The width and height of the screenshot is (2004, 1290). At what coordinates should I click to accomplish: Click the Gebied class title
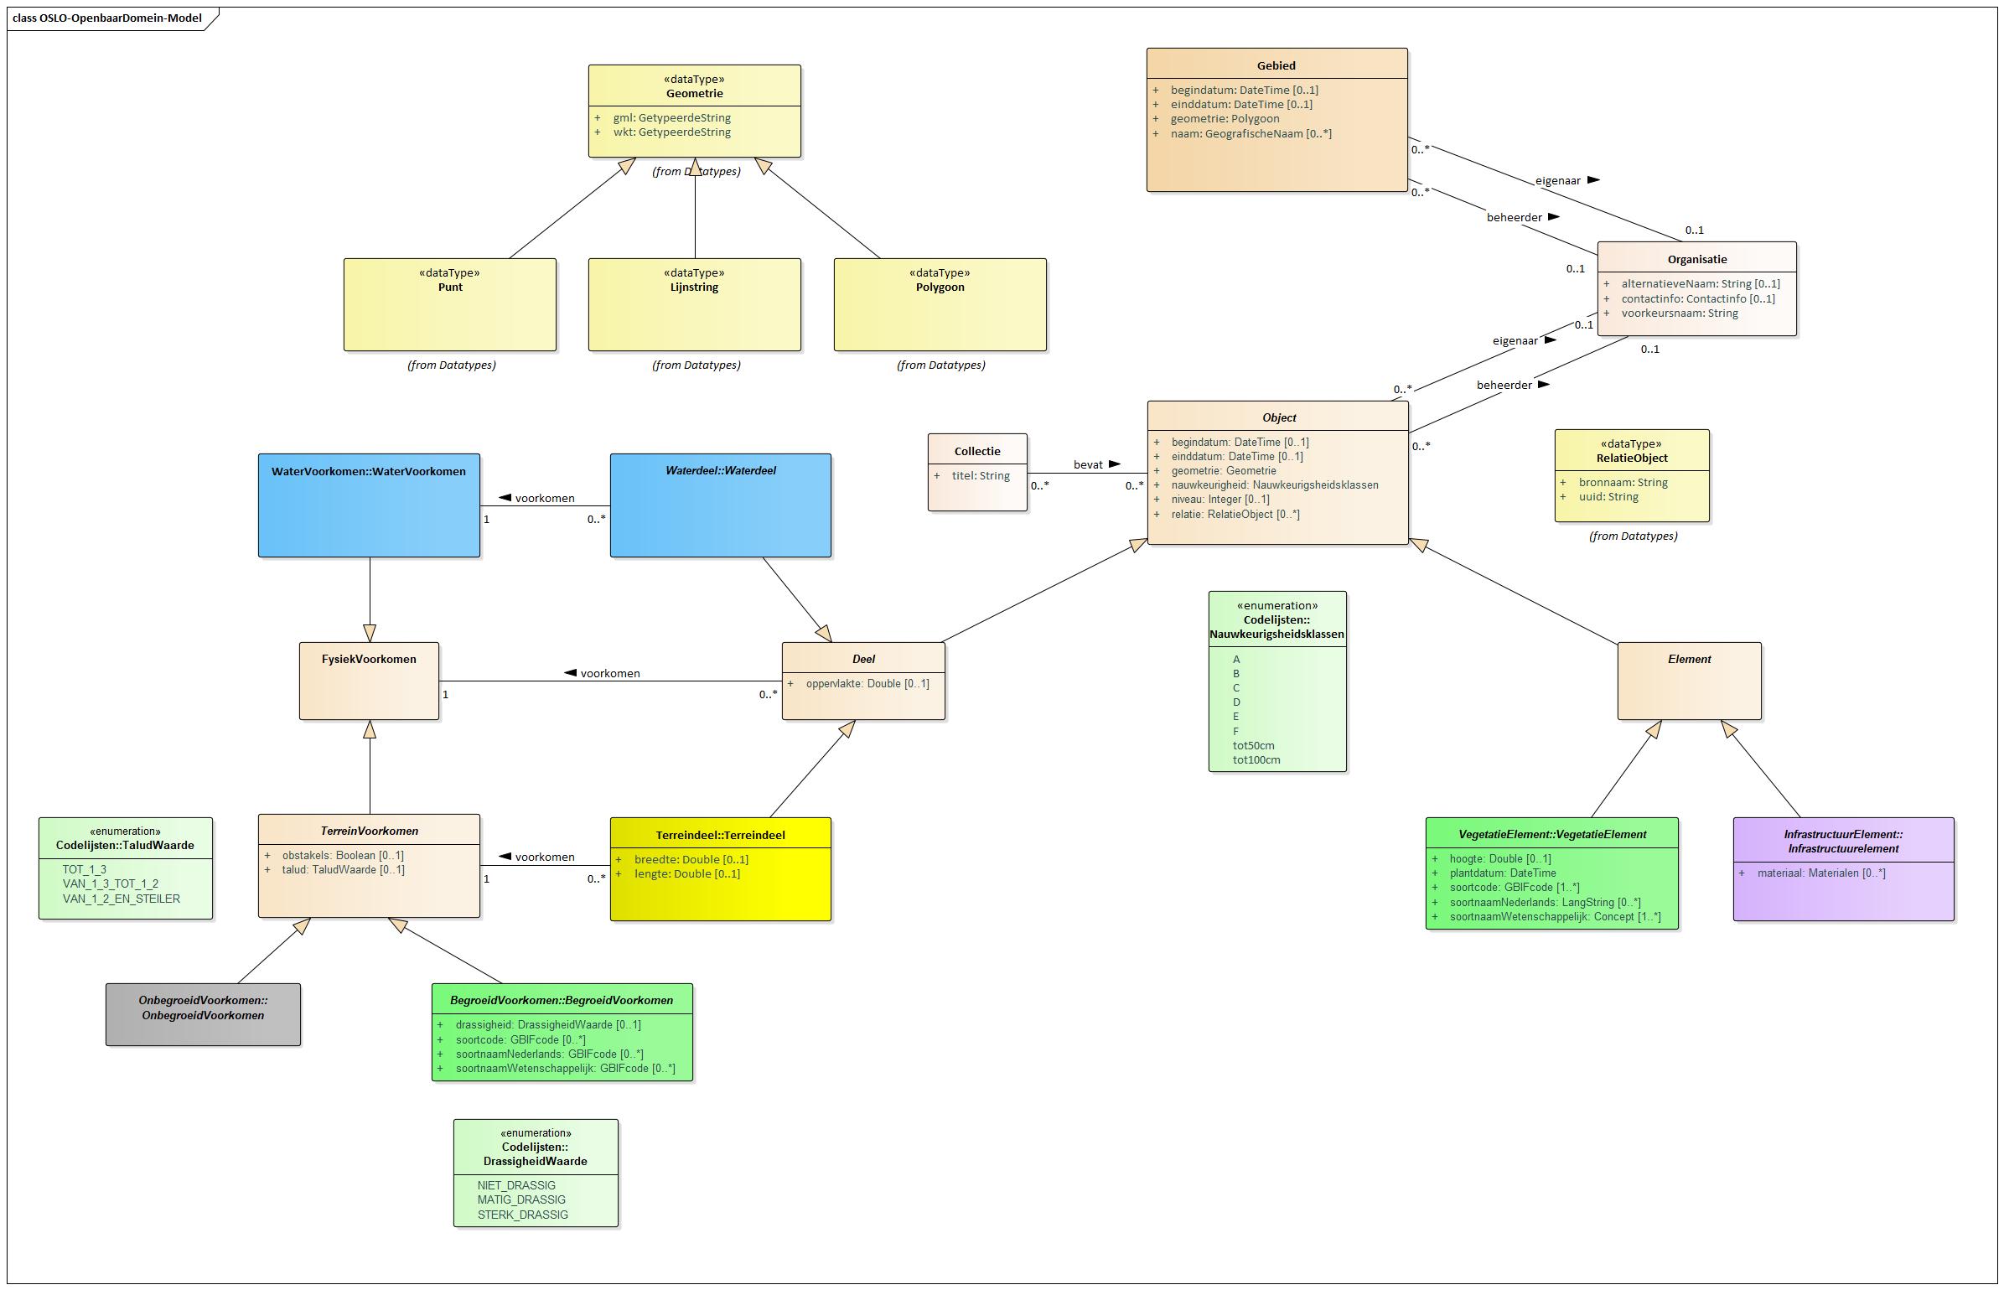pyautogui.click(x=1276, y=65)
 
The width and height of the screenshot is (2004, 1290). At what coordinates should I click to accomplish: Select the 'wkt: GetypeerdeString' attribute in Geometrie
pyautogui.click(x=671, y=132)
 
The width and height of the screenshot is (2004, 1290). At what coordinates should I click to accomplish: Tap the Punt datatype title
pyautogui.click(x=450, y=287)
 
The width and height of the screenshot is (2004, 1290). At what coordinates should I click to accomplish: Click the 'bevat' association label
pyautogui.click(x=1088, y=464)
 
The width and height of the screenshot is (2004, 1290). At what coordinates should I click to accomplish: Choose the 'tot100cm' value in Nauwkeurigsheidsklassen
pyautogui.click(x=1256, y=760)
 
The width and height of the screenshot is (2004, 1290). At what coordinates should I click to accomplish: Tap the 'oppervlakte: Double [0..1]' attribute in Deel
pyautogui.click(x=867, y=684)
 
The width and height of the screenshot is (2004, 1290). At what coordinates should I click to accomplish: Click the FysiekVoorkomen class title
pyautogui.click(x=369, y=659)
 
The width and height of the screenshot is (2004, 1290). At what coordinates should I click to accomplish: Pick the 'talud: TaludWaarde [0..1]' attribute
pyautogui.click(x=343, y=870)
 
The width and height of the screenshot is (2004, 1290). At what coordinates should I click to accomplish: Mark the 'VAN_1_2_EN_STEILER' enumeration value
pyautogui.click(x=121, y=899)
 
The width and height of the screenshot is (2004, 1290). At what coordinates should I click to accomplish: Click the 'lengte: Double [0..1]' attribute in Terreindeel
pyautogui.click(x=686, y=874)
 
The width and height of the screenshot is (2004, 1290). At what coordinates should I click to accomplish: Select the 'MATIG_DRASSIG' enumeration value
pyautogui.click(x=520, y=1200)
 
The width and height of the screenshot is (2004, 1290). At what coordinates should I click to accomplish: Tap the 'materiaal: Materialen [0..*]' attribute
pyautogui.click(x=1820, y=873)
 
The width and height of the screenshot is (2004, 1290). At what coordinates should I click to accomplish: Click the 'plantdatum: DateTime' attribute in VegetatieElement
pyautogui.click(x=1502, y=873)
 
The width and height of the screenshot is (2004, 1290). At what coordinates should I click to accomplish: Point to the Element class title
pyautogui.click(x=1689, y=659)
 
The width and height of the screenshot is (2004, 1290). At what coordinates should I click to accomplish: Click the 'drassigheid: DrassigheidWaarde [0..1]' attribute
pyautogui.click(x=547, y=1025)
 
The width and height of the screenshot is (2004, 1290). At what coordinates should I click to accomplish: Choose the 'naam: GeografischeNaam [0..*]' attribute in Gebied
pyautogui.click(x=1251, y=134)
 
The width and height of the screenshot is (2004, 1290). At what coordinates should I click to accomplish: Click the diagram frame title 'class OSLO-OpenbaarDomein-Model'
pyautogui.click(x=107, y=18)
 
